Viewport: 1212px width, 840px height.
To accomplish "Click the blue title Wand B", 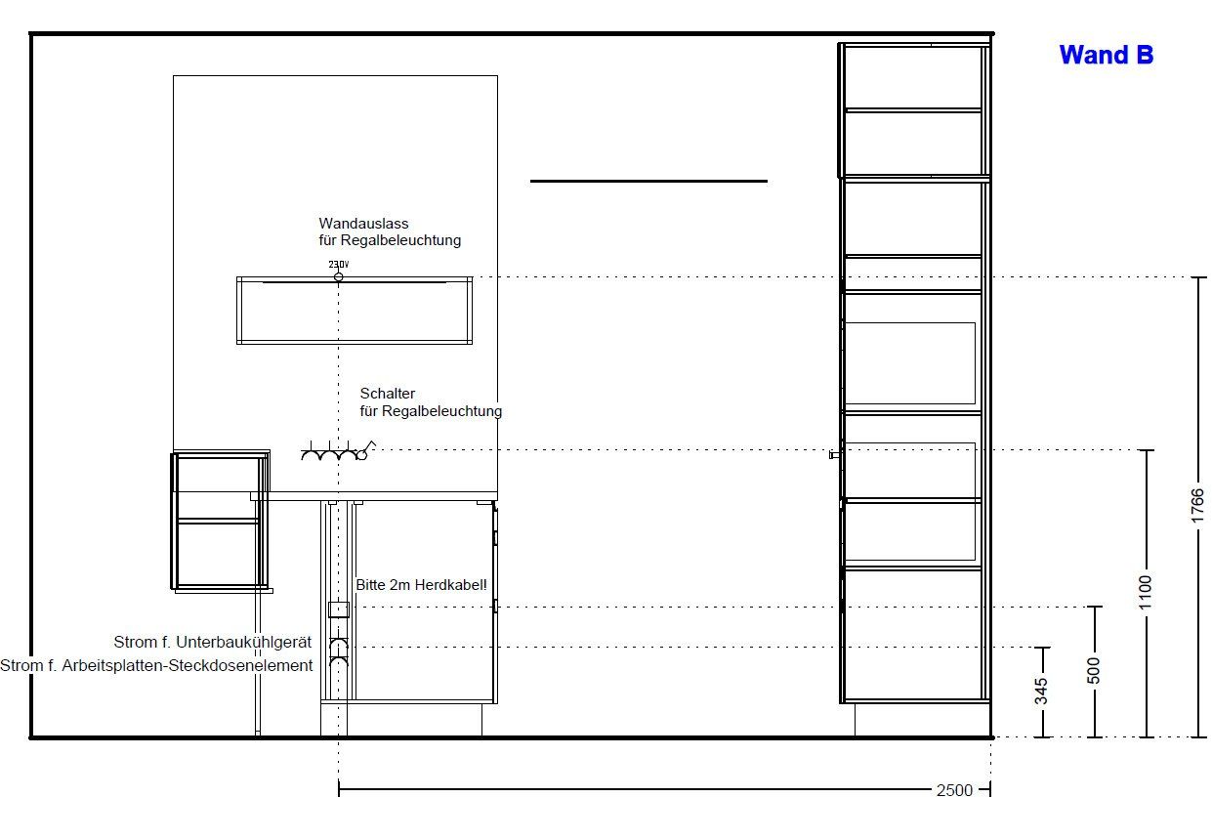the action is [x=1106, y=55].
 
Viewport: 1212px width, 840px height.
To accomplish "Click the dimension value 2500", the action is [x=954, y=791].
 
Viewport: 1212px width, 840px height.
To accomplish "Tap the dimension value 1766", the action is [x=1197, y=506].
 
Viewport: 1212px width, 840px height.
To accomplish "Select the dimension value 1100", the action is [x=1145, y=592].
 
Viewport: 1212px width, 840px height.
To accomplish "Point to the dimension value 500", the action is [x=1094, y=671].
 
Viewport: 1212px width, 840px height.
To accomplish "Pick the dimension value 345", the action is [x=1041, y=692].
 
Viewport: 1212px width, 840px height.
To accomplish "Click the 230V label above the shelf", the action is [x=339, y=264].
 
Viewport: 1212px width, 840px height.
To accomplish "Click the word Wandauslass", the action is [x=363, y=223].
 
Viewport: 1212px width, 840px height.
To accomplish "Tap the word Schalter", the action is [x=388, y=394].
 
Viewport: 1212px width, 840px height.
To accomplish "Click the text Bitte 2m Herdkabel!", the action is [x=421, y=585].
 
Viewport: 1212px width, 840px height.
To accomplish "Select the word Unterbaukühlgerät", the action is [x=244, y=643].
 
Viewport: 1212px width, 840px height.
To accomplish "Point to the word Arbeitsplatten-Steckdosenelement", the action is [x=188, y=666].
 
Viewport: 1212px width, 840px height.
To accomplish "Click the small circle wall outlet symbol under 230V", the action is [x=339, y=277].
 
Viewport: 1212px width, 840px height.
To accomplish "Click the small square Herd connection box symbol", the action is [x=339, y=609].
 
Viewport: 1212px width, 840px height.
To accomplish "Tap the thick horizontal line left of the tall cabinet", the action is [x=648, y=182].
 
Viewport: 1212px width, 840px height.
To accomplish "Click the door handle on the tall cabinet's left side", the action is [x=835, y=454].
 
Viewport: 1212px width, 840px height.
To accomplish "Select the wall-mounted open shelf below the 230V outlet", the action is [x=355, y=311].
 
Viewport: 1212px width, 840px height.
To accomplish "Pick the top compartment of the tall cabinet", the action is [x=913, y=78].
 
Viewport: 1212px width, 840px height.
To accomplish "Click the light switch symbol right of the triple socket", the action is [x=366, y=451].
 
